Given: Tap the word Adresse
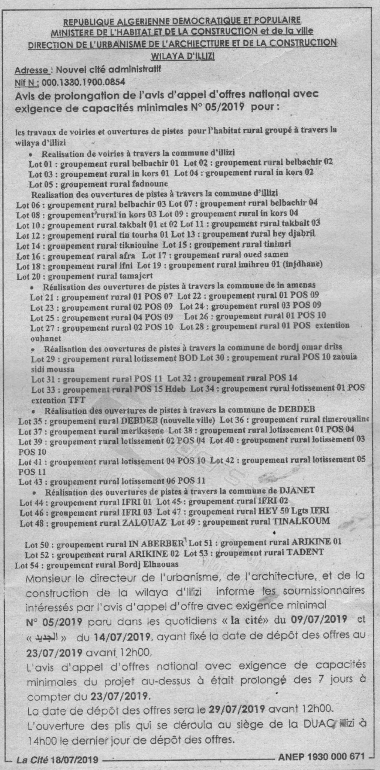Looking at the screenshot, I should coord(32,70).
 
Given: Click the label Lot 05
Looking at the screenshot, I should coord(41,184).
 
